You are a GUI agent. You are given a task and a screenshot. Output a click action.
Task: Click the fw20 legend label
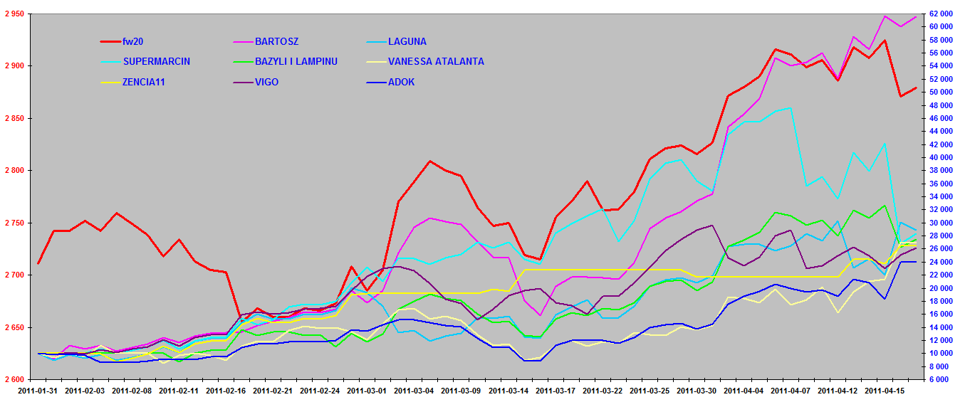click(x=133, y=41)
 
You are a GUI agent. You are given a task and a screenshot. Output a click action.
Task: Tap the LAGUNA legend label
click(x=407, y=41)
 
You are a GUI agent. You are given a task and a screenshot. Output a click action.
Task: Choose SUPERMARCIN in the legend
click(x=157, y=61)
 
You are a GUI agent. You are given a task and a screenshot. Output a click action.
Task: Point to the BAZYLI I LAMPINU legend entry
click(x=296, y=61)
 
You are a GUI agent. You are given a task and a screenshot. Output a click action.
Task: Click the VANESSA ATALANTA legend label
click(x=436, y=61)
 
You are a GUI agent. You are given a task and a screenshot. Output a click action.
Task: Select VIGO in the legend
click(x=266, y=82)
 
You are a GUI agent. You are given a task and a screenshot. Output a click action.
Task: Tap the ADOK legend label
click(x=401, y=82)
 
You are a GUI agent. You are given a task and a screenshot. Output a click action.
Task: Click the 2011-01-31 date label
click(x=38, y=391)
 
